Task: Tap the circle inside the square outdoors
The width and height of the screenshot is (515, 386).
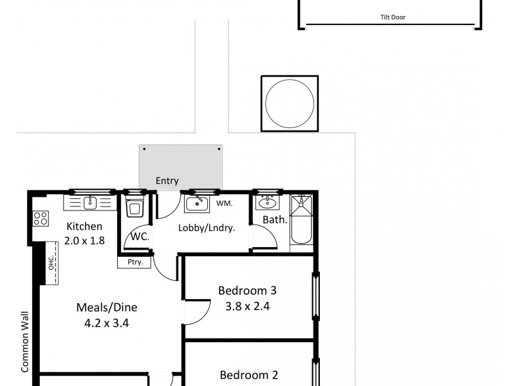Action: [290, 104]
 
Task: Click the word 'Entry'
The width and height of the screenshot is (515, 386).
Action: [167, 181]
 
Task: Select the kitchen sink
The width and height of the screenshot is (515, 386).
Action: [89, 203]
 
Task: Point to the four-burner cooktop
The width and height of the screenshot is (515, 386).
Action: [41, 219]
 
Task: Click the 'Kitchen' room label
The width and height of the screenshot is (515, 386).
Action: [84, 226]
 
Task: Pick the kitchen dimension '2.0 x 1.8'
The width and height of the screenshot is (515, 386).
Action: [84, 241]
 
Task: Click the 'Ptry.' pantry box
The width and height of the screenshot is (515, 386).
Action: [135, 262]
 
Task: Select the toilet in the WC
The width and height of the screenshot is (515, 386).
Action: [135, 208]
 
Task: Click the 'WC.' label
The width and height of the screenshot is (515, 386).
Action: [140, 236]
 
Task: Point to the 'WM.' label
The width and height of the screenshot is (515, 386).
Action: [224, 204]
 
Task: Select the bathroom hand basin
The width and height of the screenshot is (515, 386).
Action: [266, 204]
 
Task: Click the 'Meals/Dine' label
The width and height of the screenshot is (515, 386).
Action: [107, 307]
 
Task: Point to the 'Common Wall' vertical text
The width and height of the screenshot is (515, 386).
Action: [25, 341]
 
